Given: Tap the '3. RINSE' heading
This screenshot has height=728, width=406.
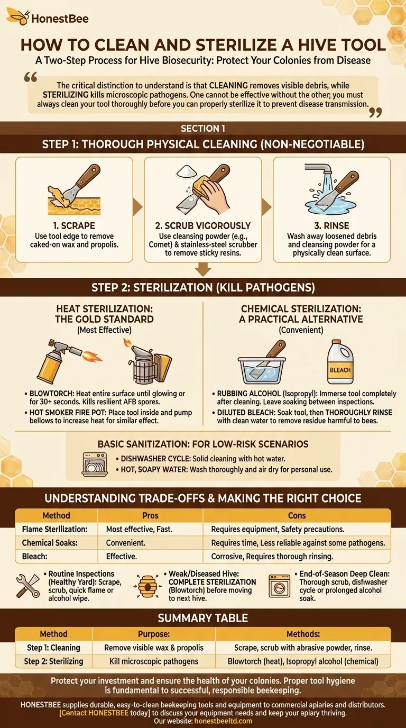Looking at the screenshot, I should pyautogui.click(x=331, y=225).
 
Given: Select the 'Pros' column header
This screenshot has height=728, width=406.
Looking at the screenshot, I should pyautogui.click(x=150, y=515).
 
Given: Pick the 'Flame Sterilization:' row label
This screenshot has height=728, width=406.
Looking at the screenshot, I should pyautogui.click(x=55, y=529).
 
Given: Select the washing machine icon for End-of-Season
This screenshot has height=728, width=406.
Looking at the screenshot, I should pyautogui.click(x=279, y=586).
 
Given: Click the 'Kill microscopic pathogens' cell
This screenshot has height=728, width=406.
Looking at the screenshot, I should pyautogui.click(x=151, y=661).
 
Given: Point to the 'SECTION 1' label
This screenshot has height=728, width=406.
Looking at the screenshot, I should pyautogui.click(x=203, y=129).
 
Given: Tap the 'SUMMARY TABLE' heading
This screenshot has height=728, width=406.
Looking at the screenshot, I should pyautogui.click(x=203, y=618).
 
